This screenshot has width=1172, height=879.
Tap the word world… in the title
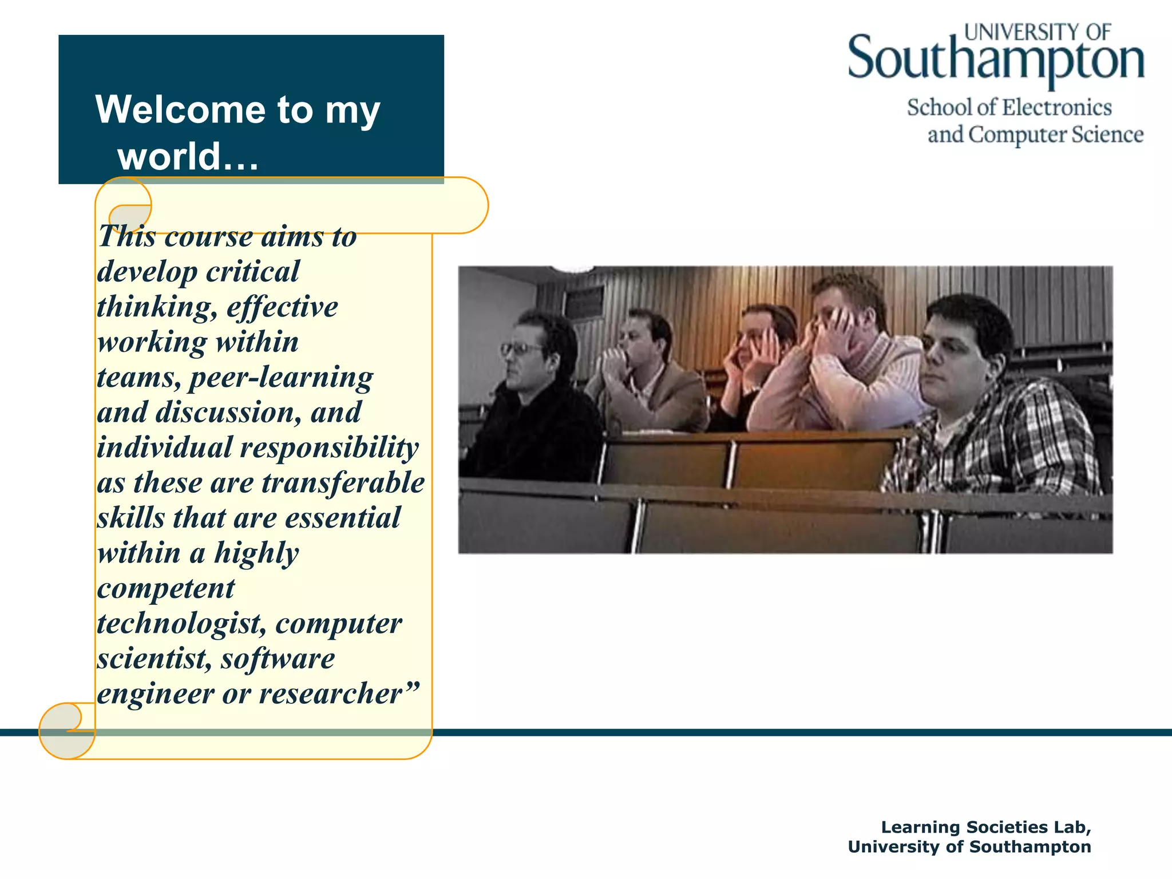point(188,156)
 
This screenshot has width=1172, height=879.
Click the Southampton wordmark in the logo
point(995,60)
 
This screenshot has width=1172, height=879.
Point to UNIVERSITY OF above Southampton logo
point(1038,32)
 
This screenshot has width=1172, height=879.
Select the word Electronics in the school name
point(1057,108)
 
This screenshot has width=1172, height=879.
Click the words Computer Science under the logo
point(1056,135)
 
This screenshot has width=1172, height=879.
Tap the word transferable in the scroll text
point(343,482)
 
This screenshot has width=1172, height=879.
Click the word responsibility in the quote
point(329,448)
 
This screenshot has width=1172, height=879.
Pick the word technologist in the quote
point(177,623)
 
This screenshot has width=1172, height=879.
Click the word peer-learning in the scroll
point(281,378)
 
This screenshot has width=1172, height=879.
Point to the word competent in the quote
point(166,588)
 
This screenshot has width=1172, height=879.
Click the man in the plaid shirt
point(984,412)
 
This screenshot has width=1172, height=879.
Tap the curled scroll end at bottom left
point(66,731)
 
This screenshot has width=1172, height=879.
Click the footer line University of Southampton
point(969,847)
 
